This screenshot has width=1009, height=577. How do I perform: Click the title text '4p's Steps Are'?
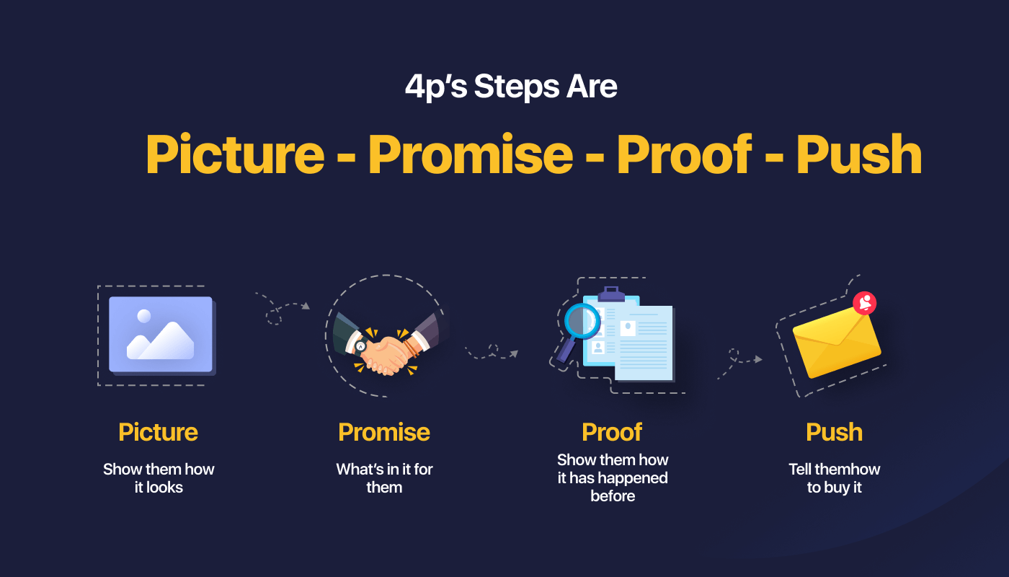511,86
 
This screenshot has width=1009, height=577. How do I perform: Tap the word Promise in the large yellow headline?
471,154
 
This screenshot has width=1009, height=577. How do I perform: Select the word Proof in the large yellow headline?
684,154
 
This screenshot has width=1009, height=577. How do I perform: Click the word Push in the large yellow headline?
859,154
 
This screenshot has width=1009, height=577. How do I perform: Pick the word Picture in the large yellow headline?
235,154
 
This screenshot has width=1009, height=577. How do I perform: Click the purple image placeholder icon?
161,335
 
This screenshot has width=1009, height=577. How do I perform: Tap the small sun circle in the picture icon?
144,316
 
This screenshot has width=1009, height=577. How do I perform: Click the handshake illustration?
386,343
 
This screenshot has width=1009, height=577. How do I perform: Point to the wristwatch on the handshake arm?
360,346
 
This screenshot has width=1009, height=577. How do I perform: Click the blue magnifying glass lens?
582,321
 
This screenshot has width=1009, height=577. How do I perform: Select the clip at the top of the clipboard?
611,294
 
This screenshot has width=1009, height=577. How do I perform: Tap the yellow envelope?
837,343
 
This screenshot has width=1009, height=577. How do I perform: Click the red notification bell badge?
864,304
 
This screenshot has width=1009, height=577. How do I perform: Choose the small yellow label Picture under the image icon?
158,432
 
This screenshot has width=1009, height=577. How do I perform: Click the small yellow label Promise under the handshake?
384,432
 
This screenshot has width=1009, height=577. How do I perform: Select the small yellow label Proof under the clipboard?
612,432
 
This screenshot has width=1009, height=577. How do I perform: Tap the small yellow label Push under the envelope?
835,432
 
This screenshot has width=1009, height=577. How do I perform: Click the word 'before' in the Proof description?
613,496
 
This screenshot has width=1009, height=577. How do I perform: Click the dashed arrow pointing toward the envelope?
739,361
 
